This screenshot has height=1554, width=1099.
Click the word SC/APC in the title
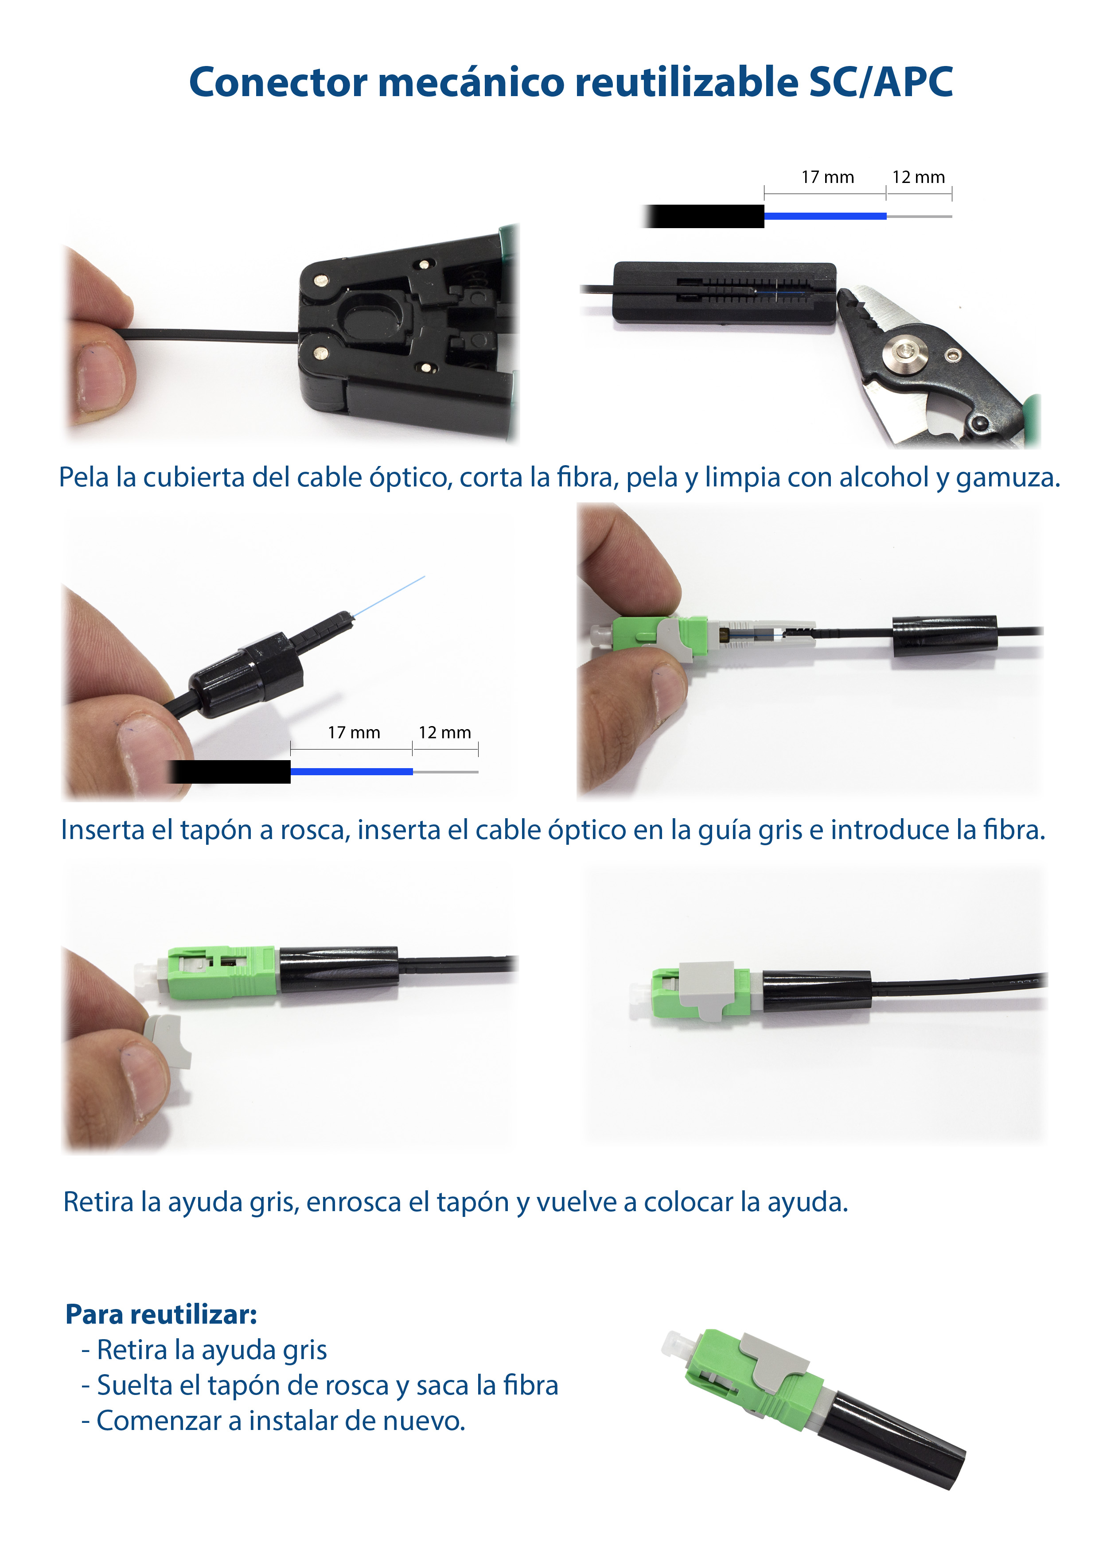pos(880,82)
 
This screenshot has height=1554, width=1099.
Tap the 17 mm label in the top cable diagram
pos(827,177)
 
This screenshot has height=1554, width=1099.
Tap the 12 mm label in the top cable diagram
pos(918,177)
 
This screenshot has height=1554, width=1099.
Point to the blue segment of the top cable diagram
pos(825,216)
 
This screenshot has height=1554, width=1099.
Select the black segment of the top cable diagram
pos(704,216)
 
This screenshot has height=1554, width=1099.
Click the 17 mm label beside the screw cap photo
pos(354,732)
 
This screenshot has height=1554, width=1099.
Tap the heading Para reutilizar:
pos(161,1314)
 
